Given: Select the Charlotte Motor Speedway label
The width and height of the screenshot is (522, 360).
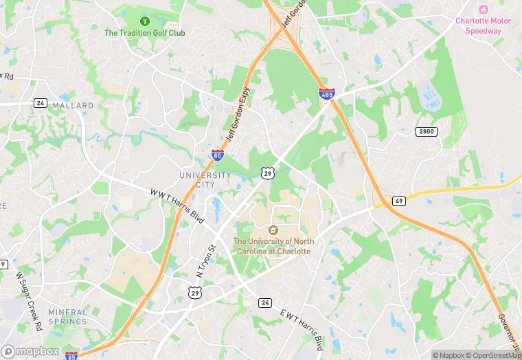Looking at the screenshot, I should (484, 25).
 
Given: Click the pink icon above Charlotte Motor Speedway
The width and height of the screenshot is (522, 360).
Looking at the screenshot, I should (484, 10).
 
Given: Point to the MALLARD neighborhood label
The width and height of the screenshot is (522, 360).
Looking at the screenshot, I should (73, 105).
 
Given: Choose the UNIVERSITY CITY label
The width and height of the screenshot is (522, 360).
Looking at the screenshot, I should (205, 180).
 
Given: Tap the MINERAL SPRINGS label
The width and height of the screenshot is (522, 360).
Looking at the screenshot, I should (68, 317).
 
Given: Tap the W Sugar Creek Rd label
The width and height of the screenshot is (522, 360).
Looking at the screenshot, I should (28, 300).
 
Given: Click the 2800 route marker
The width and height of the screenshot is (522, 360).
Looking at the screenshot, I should (426, 131).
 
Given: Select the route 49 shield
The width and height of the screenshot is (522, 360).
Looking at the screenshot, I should (399, 201).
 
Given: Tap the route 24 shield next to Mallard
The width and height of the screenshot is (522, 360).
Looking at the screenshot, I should (41, 102).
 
